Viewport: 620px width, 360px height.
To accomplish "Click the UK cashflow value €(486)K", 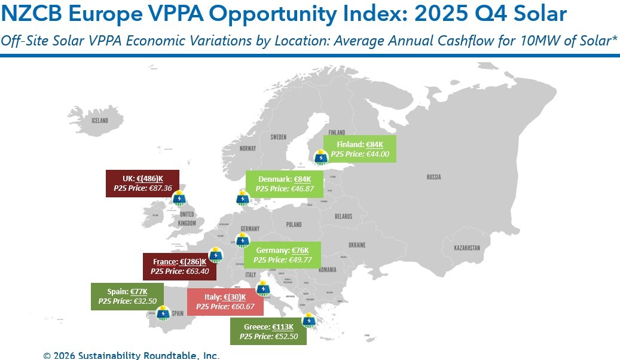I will tap(149, 179).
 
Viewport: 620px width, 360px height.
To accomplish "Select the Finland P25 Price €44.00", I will tap(360, 154).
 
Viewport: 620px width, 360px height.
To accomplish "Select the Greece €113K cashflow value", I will tap(283, 327).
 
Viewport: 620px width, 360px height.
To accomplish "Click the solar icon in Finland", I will tap(322, 157).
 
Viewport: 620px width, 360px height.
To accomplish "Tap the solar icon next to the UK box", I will tap(178, 197).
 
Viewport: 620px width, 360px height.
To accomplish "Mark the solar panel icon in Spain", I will tap(162, 312).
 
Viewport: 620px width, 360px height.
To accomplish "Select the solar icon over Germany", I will tap(242, 240).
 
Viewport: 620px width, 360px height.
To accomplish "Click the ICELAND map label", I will tap(100, 121).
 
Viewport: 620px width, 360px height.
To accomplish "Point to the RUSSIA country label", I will tap(433, 177).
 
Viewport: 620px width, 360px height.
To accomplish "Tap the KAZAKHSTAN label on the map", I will tap(467, 248).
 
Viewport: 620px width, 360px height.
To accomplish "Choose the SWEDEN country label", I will tap(278, 137).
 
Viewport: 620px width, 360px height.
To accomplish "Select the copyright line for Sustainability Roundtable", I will tap(132, 355).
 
